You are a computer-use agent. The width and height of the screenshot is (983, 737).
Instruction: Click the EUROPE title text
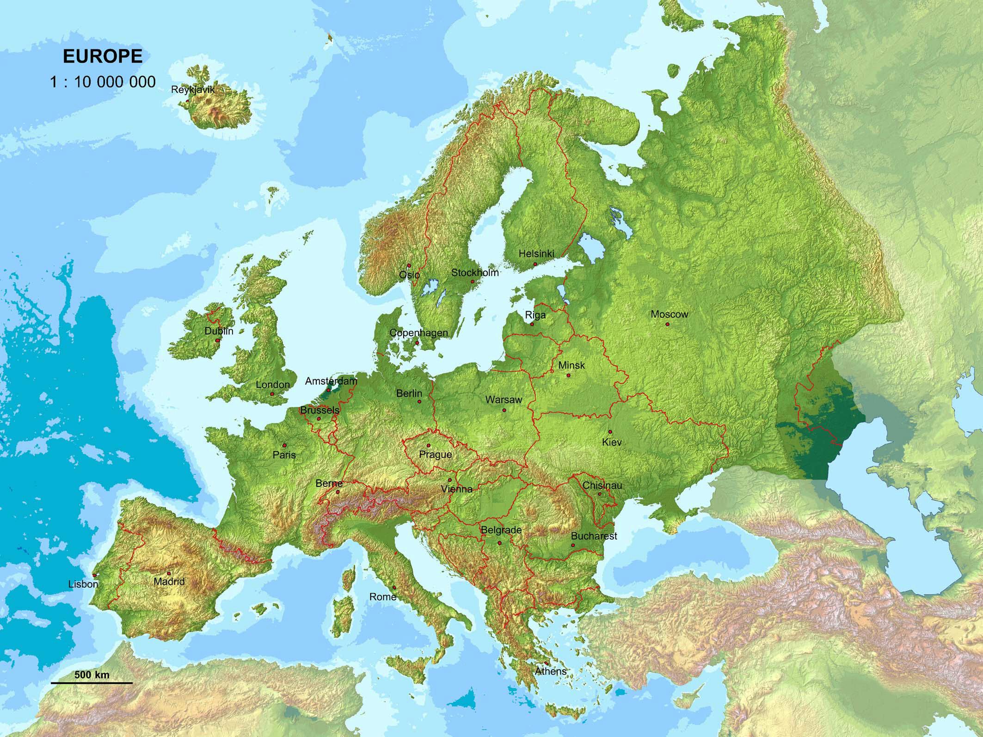103,56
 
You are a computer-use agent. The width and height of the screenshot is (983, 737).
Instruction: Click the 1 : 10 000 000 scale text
103,82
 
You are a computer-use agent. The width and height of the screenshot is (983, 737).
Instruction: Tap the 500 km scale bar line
92,682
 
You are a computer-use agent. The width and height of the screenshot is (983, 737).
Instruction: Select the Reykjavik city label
193,90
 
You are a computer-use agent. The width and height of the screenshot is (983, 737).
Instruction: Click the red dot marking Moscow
668,324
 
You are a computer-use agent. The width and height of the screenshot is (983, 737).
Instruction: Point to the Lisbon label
83,584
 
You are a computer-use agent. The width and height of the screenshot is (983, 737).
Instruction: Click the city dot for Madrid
168,573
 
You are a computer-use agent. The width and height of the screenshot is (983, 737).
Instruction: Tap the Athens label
551,671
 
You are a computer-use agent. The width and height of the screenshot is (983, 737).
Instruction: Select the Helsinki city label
536,253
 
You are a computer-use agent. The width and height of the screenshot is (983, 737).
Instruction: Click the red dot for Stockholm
473,282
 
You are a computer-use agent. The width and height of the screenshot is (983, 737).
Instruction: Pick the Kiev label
612,442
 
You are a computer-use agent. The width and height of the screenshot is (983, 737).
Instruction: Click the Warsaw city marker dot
504,410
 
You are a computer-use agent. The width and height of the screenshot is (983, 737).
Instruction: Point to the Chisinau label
602,485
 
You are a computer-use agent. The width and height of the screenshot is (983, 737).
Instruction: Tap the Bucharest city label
594,536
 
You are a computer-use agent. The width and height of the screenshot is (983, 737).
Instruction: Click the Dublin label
219,331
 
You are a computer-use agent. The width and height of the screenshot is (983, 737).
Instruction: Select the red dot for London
272,394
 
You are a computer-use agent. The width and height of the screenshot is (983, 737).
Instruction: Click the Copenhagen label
418,332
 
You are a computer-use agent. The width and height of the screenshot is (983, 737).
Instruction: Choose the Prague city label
435,454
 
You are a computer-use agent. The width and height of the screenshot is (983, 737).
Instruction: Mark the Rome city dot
394,588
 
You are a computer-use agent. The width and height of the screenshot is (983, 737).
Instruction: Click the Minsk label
571,365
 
